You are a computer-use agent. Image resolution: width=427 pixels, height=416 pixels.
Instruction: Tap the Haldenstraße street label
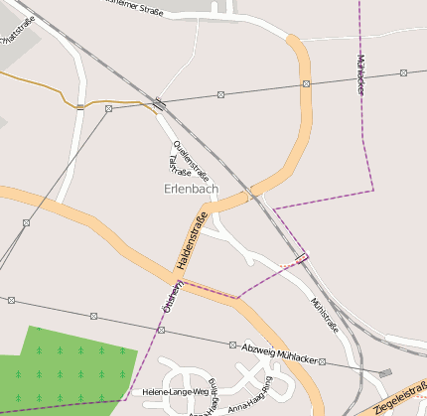click(x=192, y=242)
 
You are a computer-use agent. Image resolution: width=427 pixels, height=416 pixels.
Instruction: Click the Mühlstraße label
click(x=325, y=314)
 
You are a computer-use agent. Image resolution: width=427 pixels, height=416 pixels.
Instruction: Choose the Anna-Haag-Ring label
click(x=250, y=403)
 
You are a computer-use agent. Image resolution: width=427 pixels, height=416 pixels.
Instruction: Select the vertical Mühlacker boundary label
click(x=359, y=73)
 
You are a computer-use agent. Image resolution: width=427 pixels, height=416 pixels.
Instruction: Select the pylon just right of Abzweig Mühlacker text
click(x=322, y=362)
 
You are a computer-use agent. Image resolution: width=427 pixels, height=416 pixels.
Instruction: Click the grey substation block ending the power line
click(x=384, y=373)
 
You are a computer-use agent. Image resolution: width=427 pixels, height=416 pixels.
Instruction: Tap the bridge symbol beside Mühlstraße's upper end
click(x=302, y=259)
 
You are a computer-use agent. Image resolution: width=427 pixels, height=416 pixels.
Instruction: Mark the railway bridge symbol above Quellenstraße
click(x=159, y=102)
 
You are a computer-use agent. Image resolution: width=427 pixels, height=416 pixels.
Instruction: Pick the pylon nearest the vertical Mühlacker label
click(x=403, y=72)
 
